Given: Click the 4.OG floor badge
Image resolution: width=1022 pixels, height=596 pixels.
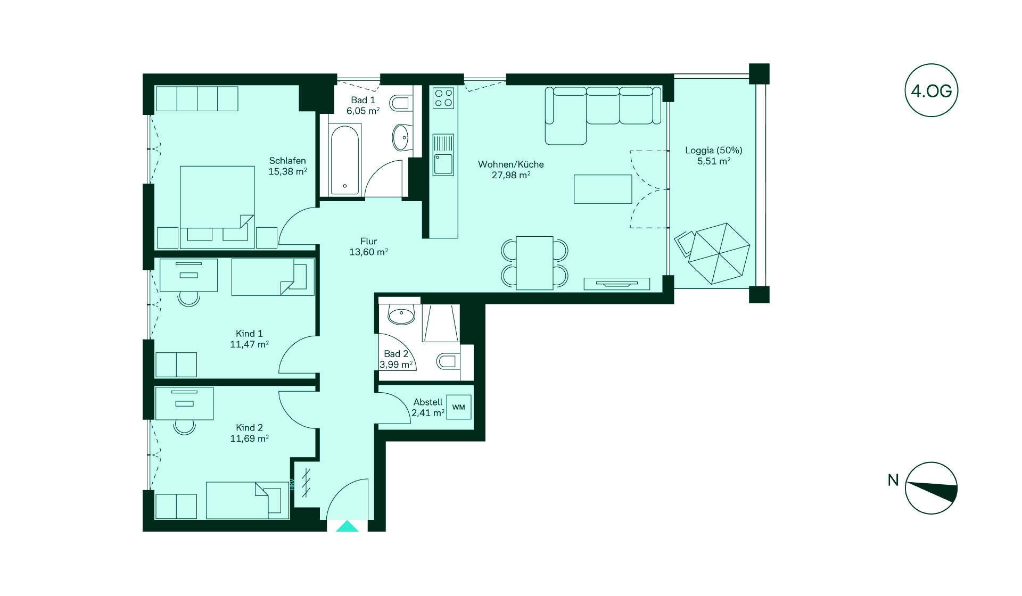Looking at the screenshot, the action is [x=931, y=90].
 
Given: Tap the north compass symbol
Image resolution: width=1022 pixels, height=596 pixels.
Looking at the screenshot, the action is [x=931, y=488].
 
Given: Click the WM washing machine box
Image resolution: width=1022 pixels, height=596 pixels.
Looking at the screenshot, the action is [x=458, y=407].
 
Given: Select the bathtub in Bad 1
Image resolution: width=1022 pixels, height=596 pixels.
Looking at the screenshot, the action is [x=345, y=159].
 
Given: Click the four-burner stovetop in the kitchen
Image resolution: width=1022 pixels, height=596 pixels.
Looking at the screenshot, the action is [x=443, y=97].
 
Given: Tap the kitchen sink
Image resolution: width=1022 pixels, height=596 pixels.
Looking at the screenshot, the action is [x=443, y=155].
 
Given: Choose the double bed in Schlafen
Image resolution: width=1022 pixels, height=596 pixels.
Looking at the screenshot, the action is [x=217, y=207].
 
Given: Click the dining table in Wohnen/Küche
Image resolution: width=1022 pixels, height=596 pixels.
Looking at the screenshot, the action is [x=535, y=263].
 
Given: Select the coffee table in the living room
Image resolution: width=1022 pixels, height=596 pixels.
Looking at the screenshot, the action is [x=603, y=189].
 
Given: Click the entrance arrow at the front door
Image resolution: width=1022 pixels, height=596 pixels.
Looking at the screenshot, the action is [x=348, y=526].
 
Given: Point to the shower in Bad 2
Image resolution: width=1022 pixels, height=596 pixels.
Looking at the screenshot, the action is [x=441, y=323].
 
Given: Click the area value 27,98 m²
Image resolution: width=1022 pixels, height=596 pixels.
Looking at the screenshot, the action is [x=511, y=175].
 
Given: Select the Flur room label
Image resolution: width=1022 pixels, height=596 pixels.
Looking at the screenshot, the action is [x=368, y=241].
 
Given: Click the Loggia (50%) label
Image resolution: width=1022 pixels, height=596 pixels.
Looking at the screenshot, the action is [x=714, y=151].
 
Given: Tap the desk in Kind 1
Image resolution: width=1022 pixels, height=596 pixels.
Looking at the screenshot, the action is [x=189, y=275].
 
